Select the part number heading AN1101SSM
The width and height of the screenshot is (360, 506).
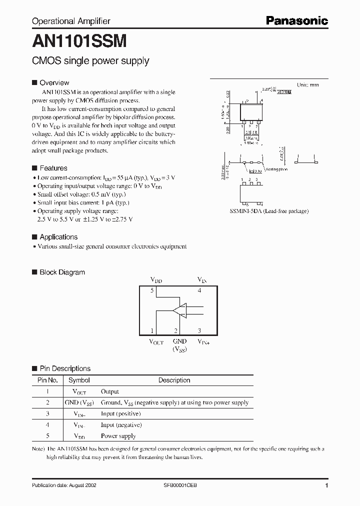point(79,40)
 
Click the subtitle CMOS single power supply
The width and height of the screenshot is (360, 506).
point(90,61)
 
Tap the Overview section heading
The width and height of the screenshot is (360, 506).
point(54,82)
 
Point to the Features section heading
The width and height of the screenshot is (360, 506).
point(53,168)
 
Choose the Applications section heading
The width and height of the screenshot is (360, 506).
point(58,237)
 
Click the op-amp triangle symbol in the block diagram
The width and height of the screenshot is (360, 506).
point(179,310)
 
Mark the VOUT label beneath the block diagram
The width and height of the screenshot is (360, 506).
point(156,342)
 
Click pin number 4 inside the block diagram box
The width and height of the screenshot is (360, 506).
point(199,290)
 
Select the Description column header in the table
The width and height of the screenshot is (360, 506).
point(174,380)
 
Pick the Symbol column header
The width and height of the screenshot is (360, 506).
point(79,380)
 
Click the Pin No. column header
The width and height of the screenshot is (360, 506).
point(48,380)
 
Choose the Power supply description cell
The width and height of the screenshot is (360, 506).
point(119,436)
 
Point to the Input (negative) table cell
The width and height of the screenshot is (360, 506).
point(121,425)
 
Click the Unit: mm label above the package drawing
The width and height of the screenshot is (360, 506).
point(307,85)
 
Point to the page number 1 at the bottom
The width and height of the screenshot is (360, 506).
point(326,486)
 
